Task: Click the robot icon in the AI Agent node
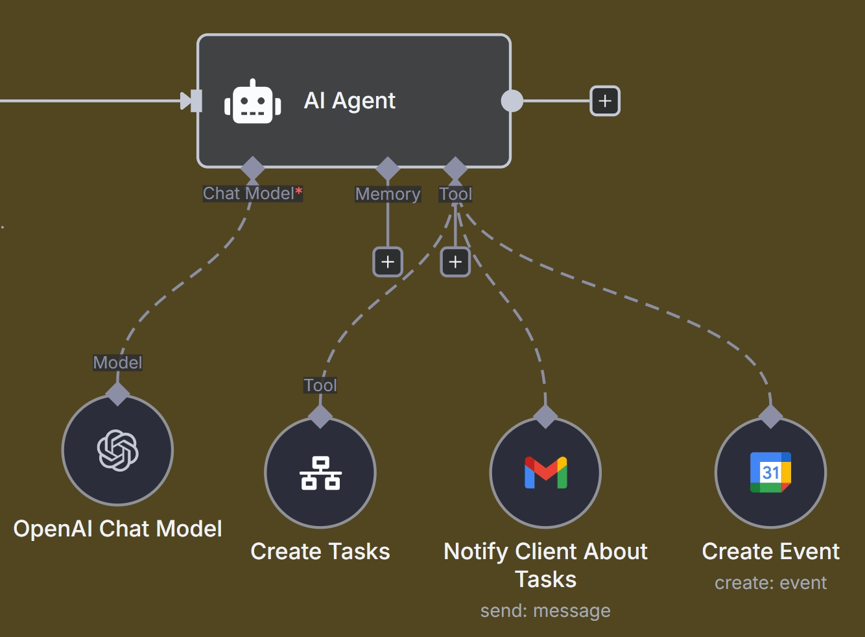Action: pos(252,102)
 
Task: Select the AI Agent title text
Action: pos(350,101)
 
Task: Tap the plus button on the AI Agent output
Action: pos(604,101)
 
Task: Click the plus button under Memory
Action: pos(388,262)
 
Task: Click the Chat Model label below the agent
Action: pos(248,193)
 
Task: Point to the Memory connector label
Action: pos(388,194)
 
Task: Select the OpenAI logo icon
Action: pos(117,450)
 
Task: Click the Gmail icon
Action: pos(545,473)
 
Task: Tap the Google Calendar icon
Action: pos(770,472)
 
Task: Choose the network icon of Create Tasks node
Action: pos(320,473)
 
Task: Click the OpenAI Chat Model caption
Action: pos(117,529)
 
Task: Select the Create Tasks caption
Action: pos(320,551)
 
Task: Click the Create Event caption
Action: pos(770,551)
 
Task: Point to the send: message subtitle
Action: pos(545,610)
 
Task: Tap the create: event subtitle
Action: pos(770,583)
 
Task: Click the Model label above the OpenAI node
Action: pos(117,363)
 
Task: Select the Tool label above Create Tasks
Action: pos(320,385)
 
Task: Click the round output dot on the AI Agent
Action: pos(512,101)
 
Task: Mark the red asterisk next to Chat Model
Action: pos(299,191)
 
